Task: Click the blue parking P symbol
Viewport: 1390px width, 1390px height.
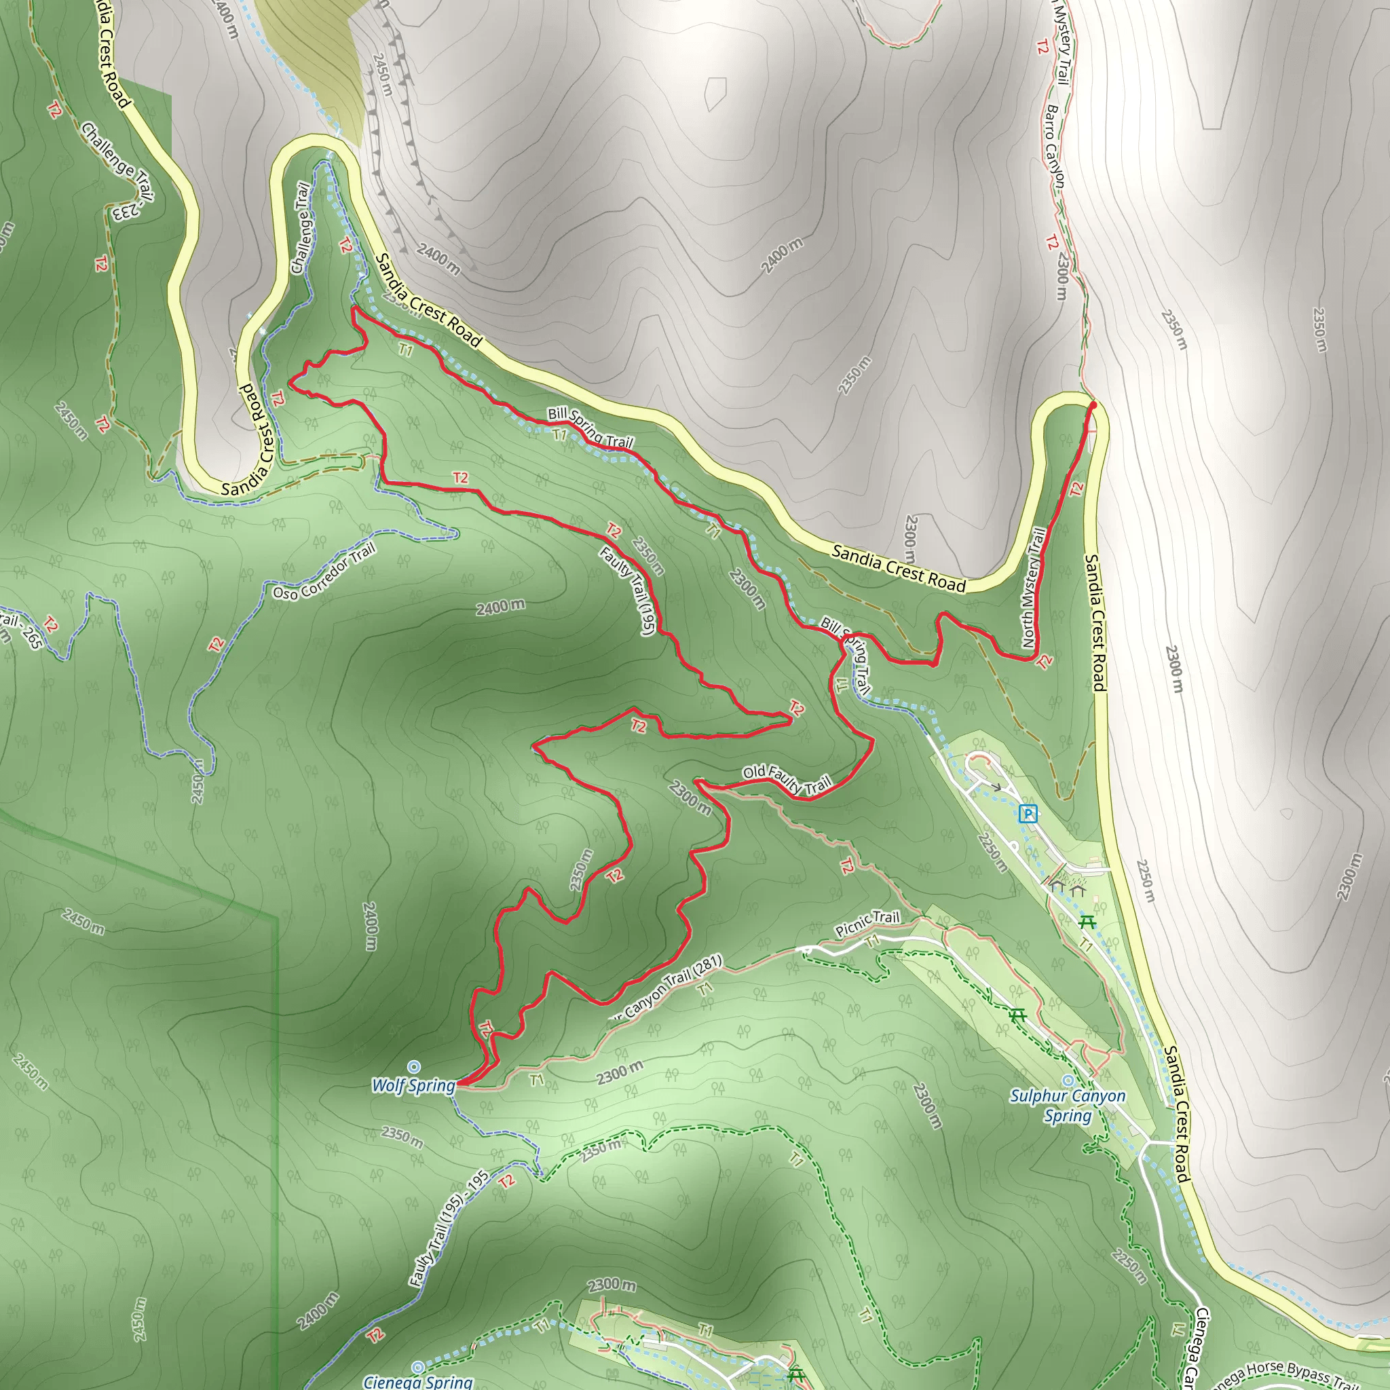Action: tap(1028, 814)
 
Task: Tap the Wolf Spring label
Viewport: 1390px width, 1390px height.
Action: tap(414, 1086)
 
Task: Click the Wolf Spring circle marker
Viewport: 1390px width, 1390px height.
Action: tap(414, 1066)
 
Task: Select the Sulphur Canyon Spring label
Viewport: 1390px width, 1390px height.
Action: tap(1067, 1106)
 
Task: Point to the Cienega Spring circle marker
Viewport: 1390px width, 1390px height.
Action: tap(417, 1366)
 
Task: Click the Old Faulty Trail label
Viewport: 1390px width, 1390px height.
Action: tap(787, 779)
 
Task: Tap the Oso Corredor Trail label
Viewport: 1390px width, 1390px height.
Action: tap(324, 573)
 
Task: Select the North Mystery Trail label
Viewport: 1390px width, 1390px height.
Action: tap(1032, 587)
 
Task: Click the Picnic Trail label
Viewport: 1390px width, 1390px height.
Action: tap(867, 923)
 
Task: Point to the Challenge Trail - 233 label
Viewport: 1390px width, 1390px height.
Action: tap(119, 171)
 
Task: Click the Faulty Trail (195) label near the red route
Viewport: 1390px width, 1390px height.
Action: tap(626, 590)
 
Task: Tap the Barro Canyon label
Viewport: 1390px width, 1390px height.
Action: tap(1055, 147)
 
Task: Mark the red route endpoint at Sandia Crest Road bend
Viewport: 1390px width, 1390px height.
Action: tap(1093, 406)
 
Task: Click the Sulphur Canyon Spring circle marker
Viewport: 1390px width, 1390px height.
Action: tap(1068, 1080)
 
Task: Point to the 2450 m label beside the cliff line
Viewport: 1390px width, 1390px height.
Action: tap(382, 75)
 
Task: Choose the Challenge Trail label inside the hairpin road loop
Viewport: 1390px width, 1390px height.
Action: tap(301, 228)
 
